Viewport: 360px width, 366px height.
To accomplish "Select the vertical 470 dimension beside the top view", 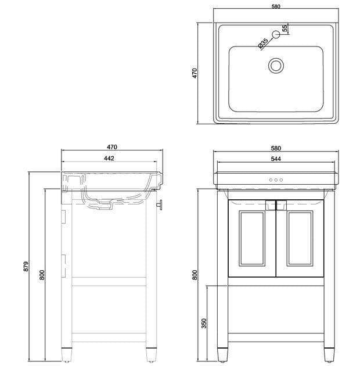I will [x=196, y=73].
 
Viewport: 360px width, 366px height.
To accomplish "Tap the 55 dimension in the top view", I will [x=285, y=28].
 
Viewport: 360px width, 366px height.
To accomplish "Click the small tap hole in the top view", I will [x=276, y=34].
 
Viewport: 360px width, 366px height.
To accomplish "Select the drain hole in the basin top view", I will [x=276, y=64].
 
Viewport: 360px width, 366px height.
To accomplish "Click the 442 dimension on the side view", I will [x=109, y=158].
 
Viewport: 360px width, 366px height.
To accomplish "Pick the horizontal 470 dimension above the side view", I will [x=112, y=147].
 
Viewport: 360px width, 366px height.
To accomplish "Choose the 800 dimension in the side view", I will [x=42, y=274].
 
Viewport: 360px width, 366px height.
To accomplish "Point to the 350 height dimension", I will [x=204, y=323].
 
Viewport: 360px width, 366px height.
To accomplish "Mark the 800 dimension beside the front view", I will [x=196, y=274].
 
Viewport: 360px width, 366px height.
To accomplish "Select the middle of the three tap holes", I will [x=276, y=180].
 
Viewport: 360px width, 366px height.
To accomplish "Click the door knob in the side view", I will [x=160, y=204].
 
